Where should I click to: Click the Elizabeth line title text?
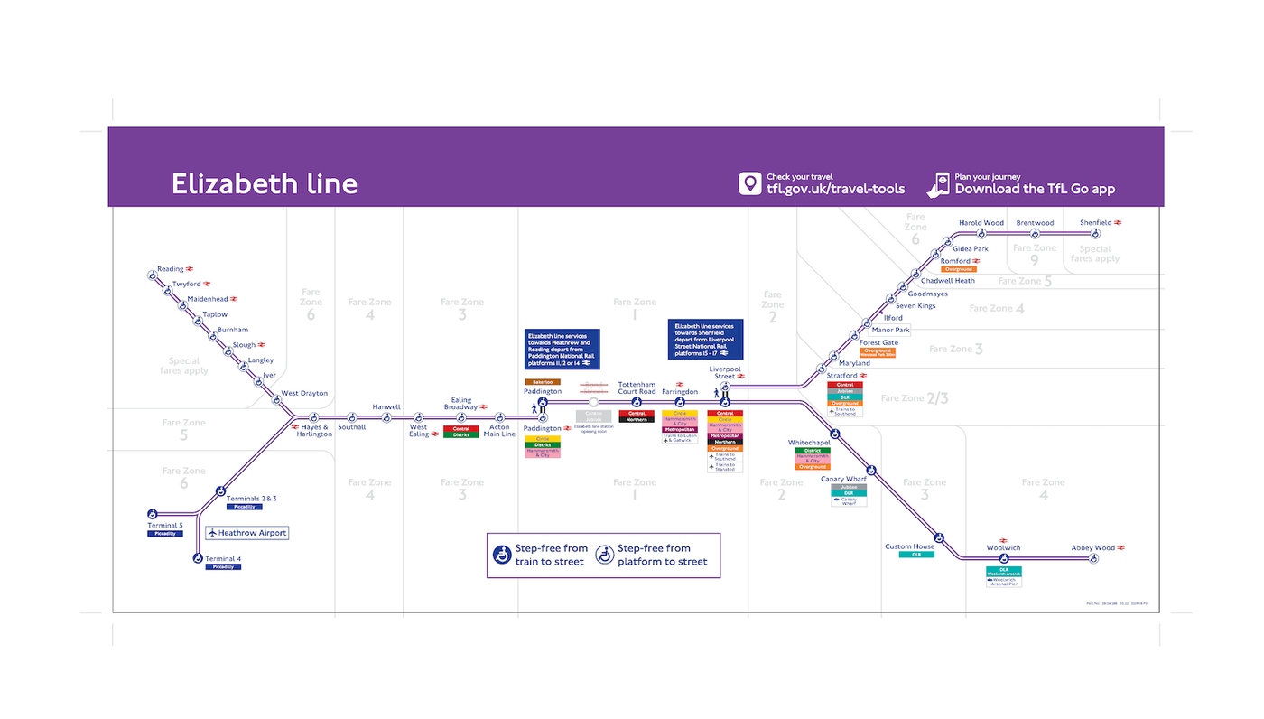click(265, 184)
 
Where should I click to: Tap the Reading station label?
click(170, 269)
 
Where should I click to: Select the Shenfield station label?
click(1095, 223)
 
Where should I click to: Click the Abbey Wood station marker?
click(1093, 559)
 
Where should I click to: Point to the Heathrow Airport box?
click(246, 533)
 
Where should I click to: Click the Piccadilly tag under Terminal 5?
click(165, 534)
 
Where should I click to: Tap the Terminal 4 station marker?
click(198, 558)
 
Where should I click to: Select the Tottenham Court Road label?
click(637, 388)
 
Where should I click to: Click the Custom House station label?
click(909, 546)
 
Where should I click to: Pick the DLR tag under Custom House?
click(916, 555)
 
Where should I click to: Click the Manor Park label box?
click(890, 331)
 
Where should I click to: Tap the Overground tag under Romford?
click(958, 269)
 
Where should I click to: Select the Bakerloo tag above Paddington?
click(543, 382)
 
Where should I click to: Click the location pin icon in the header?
click(749, 183)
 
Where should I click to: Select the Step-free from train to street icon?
click(502, 555)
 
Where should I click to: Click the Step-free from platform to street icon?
click(605, 555)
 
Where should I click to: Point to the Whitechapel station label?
click(809, 443)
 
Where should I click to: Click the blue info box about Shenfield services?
click(705, 339)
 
